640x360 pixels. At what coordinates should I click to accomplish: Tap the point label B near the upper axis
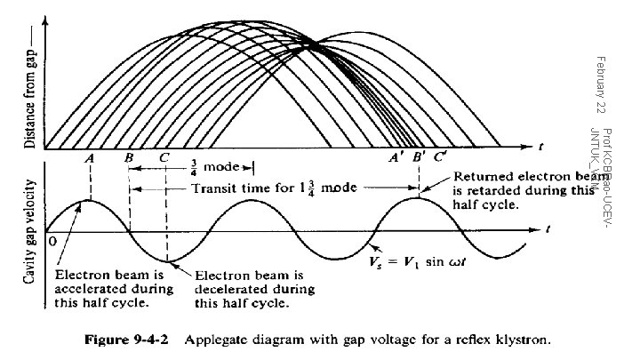point(130,157)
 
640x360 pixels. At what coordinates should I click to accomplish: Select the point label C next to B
point(165,157)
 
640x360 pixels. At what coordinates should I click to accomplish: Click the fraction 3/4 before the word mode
point(194,166)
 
